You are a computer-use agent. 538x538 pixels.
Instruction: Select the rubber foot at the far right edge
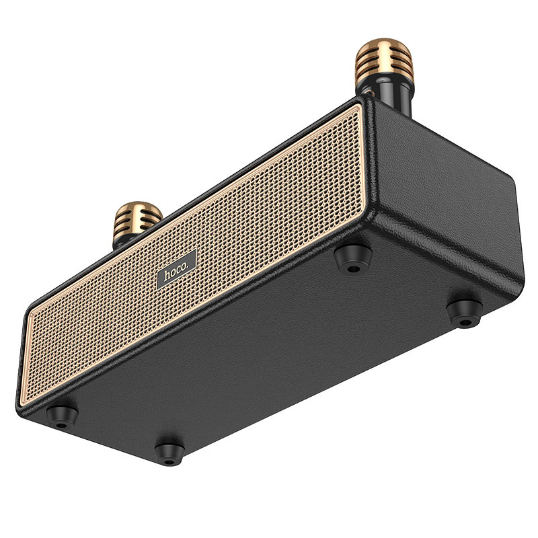[x=464, y=311]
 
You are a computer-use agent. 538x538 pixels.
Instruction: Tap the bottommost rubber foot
[x=169, y=450]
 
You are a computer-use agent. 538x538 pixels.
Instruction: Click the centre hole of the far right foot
[x=464, y=319]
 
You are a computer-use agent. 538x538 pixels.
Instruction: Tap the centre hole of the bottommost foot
[x=168, y=458]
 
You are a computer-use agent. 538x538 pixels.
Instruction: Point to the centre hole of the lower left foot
[x=61, y=424]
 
